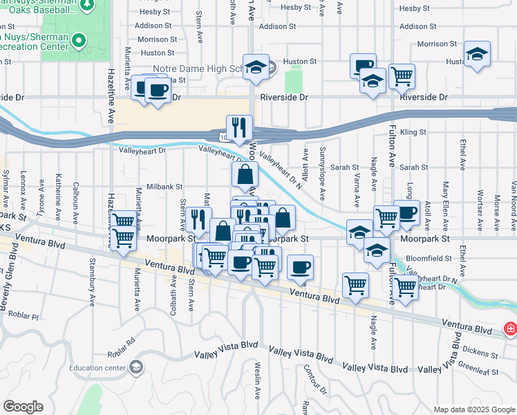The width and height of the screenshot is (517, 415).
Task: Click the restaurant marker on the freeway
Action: tap(239, 127)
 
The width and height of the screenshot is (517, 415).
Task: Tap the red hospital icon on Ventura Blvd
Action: tap(510, 329)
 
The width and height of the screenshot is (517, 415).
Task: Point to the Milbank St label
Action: tap(164, 187)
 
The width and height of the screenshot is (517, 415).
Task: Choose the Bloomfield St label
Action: tap(429, 258)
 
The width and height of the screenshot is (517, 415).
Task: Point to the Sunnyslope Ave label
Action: tap(323, 170)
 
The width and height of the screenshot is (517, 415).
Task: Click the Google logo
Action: tap(23, 407)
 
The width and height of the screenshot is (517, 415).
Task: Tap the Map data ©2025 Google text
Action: tap(474, 409)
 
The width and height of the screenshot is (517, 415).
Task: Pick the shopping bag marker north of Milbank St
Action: tap(245, 176)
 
